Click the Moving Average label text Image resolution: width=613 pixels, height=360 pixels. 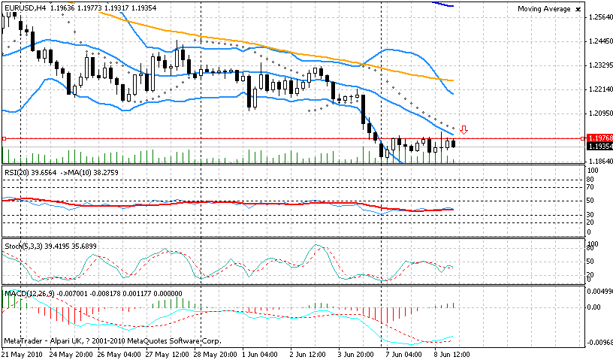pyautogui.click(x=544, y=9)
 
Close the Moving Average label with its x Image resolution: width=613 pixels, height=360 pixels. pyautogui.click(x=577, y=9)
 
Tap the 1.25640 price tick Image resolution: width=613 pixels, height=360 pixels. pyautogui.click(x=599, y=17)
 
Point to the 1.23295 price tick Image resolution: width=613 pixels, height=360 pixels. pyautogui.click(x=599, y=65)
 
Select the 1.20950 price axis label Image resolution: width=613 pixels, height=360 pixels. pyautogui.click(x=599, y=113)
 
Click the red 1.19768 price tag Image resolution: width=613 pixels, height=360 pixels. pyautogui.click(x=599, y=138)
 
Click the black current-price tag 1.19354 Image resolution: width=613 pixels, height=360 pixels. pyautogui.click(x=599, y=147)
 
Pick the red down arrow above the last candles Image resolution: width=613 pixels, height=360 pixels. pyautogui.click(x=464, y=130)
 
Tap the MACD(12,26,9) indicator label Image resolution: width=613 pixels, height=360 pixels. pyautogui.click(x=27, y=292)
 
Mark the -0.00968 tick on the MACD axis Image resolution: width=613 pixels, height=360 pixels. pyautogui.click(x=599, y=343)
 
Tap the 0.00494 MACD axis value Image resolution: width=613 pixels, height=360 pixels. pyautogui.click(x=599, y=290)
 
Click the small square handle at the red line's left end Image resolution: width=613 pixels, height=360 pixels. pyautogui.click(x=4, y=138)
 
